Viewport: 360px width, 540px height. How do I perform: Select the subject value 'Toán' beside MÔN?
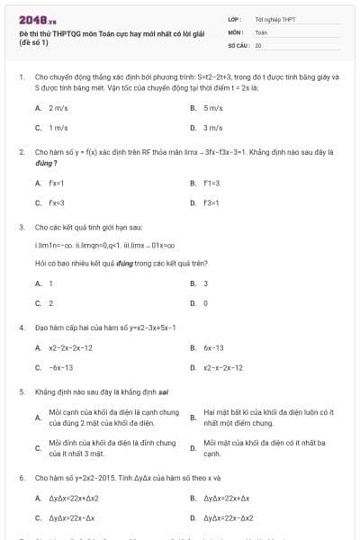pyautogui.click(x=261, y=31)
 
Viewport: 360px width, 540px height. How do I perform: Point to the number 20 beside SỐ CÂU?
pyautogui.click(x=258, y=44)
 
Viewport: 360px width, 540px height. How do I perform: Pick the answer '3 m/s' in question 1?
pyautogui.click(x=212, y=128)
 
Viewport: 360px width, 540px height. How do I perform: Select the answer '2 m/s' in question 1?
pyautogui.click(x=58, y=108)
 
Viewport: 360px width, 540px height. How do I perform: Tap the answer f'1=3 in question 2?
pyautogui.click(x=212, y=183)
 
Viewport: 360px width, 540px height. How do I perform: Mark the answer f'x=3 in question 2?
pyautogui.click(x=57, y=202)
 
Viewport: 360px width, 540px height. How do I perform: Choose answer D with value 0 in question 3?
pyautogui.click(x=206, y=303)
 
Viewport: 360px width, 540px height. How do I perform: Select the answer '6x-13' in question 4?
pyautogui.click(x=213, y=347)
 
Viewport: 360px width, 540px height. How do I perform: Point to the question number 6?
pyautogui.click(x=22, y=477)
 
